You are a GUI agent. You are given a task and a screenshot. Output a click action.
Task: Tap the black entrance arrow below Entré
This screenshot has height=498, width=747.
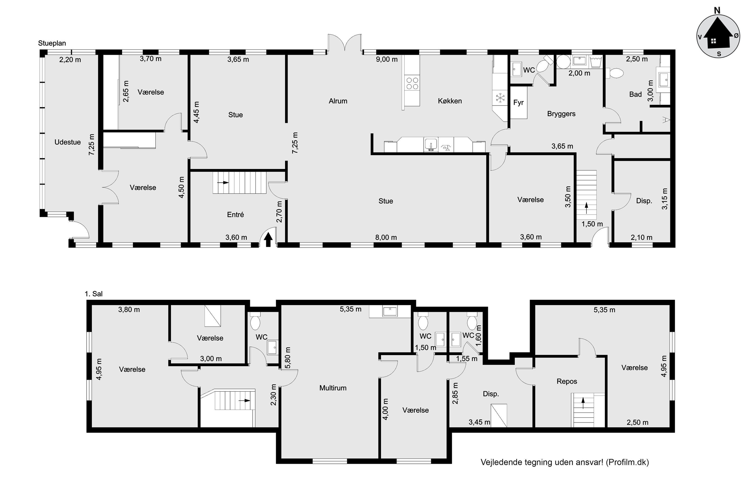pos(268,240)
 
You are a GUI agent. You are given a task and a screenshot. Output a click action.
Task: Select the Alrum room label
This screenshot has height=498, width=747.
pos(338,101)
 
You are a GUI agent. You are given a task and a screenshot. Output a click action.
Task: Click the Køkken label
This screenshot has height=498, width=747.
pos(450,101)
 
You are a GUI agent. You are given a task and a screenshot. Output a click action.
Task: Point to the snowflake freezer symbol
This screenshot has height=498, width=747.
pos(500,98)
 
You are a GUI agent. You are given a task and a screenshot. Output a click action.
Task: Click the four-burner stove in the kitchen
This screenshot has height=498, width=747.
pos(412,83)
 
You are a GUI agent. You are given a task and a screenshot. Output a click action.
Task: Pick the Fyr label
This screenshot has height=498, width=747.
pos(518,103)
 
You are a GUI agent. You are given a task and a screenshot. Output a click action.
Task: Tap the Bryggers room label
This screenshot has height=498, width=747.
pos(561,114)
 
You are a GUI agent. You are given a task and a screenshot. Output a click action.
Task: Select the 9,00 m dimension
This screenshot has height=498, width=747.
pos(387,60)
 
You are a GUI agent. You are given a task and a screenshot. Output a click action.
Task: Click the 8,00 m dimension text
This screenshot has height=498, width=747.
pos(386,237)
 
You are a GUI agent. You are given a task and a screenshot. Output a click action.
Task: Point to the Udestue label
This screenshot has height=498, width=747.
pos(68,142)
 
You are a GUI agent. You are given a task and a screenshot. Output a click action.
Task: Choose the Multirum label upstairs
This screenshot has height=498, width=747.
pos(333,388)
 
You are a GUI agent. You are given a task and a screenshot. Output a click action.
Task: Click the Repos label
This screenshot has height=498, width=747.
pos(567,381)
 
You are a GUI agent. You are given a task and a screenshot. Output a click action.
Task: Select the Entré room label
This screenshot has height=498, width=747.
pos(235,215)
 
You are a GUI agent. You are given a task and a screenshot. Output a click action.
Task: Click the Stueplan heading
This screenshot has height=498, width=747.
pos(52,43)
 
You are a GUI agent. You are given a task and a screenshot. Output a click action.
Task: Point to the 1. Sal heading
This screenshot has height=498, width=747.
pos(94,294)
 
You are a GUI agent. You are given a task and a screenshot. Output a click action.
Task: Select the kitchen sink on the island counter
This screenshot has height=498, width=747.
pos(431,144)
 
